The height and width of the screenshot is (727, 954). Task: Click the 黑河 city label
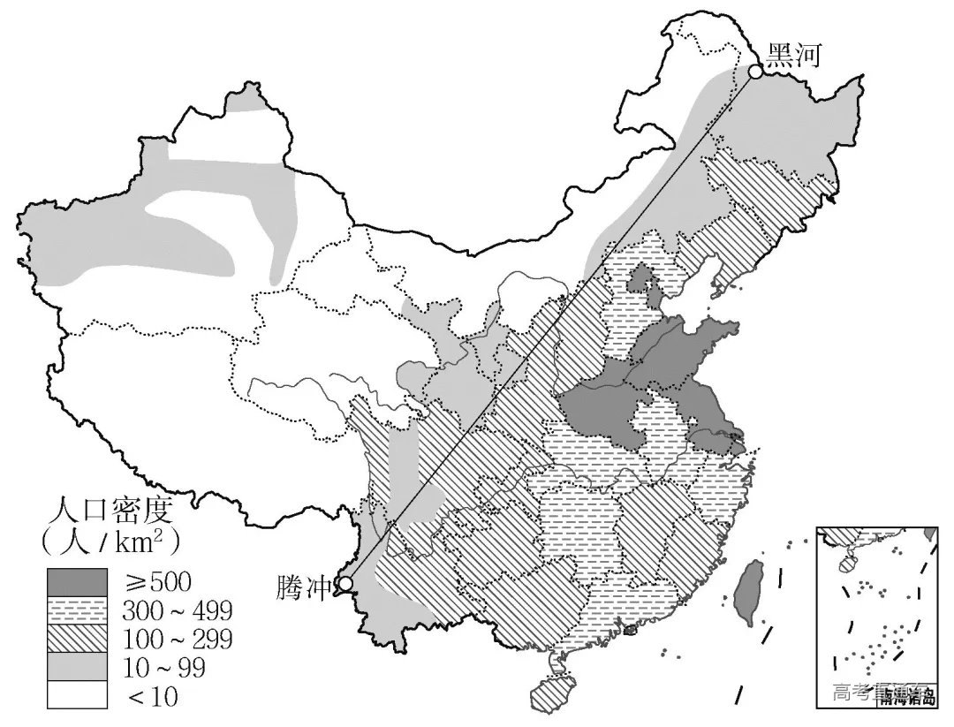(793, 56)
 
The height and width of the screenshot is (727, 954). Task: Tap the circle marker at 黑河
(756, 72)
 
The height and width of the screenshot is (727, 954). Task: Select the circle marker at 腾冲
(345, 584)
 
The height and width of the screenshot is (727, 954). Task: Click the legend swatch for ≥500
(78, 581)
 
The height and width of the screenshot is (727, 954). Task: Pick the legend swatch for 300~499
(78, 610)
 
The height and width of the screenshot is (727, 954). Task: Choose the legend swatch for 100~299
(78, 640)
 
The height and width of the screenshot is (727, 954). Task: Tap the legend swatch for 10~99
(78, 668)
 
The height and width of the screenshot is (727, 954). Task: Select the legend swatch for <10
(78, 696)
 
